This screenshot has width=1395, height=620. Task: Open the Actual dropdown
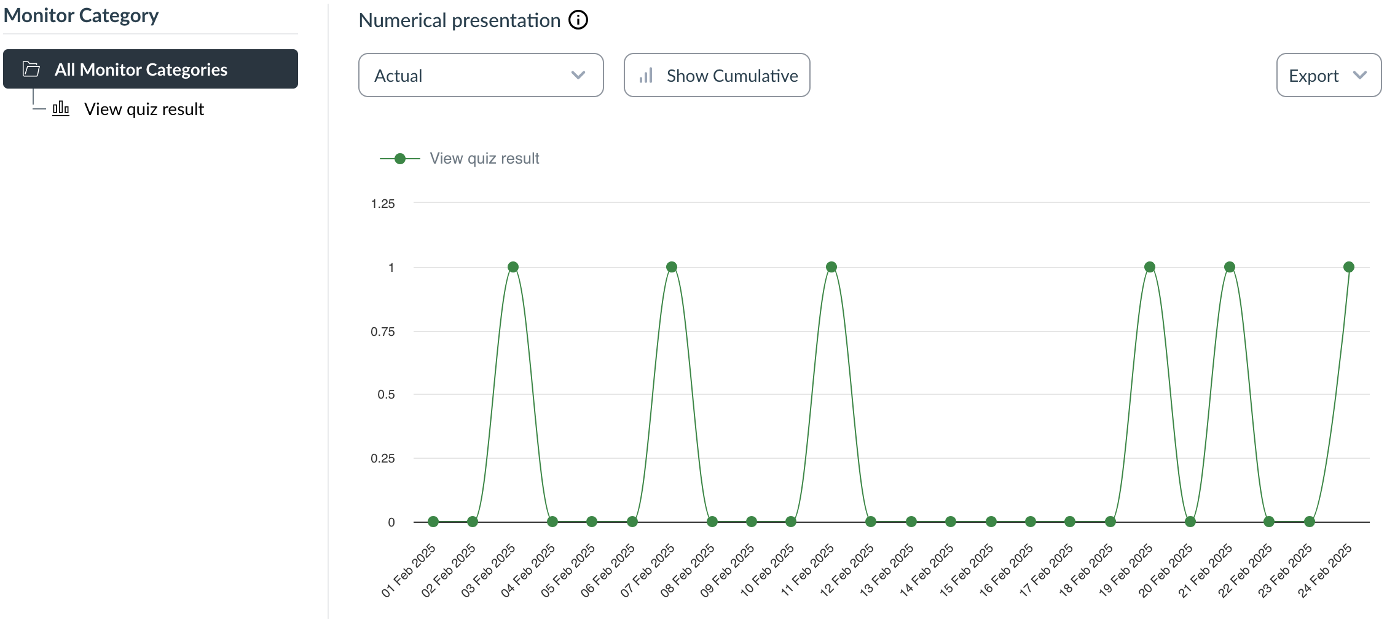coord(480,75)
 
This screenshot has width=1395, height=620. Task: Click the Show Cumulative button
coord(717,75)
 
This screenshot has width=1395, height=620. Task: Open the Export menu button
coord(1328,75)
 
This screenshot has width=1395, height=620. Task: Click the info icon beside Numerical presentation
coord(578,20)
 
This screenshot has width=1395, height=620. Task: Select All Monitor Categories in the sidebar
coord(151,69)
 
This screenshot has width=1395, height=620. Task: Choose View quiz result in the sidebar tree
coord(144,109)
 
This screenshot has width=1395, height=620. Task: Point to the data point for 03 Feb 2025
coord(513,267)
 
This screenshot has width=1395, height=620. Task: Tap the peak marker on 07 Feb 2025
coord(672,267)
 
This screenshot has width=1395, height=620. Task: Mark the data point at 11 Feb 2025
coord(831,267)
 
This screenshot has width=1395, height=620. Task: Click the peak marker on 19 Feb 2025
coord(1150,267)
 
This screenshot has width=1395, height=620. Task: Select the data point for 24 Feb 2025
coord(1349,267)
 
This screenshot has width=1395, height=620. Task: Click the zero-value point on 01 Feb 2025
coord(433,522)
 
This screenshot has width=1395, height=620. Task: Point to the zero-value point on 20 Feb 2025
coord(1190,522)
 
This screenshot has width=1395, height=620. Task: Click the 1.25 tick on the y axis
coord(383,204)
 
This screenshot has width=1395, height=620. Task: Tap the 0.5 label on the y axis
coord(386,394)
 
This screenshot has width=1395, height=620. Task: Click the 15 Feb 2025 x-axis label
coord(967,570)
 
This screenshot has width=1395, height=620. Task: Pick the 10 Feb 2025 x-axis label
coord(768,570)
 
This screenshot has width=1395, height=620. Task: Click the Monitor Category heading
coord(81,15)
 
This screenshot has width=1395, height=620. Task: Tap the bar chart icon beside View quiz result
coord(61,109)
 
